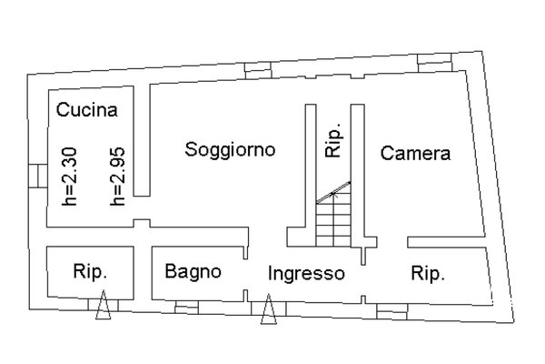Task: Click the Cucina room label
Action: (87, 110)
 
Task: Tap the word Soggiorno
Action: (230, 149)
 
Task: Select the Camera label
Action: (415, 153)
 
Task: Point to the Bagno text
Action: (193, 271)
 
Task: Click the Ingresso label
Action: (306, 273)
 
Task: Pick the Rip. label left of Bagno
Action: (90, 271)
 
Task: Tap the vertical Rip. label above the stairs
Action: (333, 140)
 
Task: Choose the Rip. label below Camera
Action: (428, 273)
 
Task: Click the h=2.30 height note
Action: (69, 177)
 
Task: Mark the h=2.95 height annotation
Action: (117, 177)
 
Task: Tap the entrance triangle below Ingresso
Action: (269, 309)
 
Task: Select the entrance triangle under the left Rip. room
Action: (104, 305)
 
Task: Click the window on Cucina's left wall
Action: (37, 176)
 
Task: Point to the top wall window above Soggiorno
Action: (258, 71)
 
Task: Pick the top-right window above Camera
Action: (434, 63)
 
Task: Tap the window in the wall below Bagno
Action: (186, 308)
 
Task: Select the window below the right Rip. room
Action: (392, 311)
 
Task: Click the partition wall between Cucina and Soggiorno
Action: (142, 140)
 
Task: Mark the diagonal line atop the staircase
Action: (333, 192)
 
